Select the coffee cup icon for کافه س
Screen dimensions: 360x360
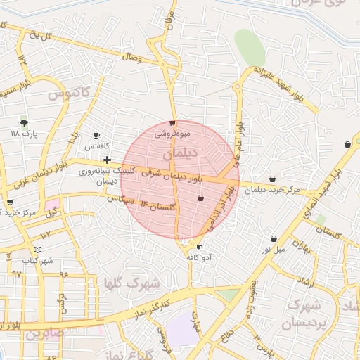97,136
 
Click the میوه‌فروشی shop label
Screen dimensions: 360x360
170,131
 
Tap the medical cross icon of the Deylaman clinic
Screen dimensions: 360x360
107,160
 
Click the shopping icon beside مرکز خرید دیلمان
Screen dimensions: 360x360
272,179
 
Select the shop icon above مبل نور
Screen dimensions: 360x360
274,238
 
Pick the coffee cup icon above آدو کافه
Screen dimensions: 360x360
199,247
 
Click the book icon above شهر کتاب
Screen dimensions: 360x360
37,250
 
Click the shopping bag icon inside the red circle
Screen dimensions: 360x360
201,198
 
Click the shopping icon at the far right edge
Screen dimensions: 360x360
347,144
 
